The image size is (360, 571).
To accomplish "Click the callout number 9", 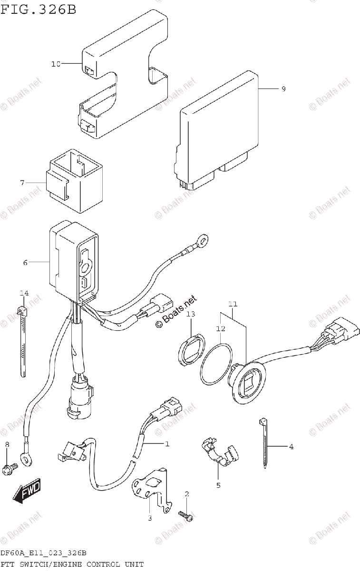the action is [x=283, y=89].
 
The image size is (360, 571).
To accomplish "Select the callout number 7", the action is [x=22, y=183].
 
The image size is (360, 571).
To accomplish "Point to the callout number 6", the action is [x=25, y=262].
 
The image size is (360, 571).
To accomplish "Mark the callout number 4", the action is [x=291, y=446].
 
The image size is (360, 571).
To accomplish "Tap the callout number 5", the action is [x=218, y=485].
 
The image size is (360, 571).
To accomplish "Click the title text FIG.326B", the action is [x=38, y=9].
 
